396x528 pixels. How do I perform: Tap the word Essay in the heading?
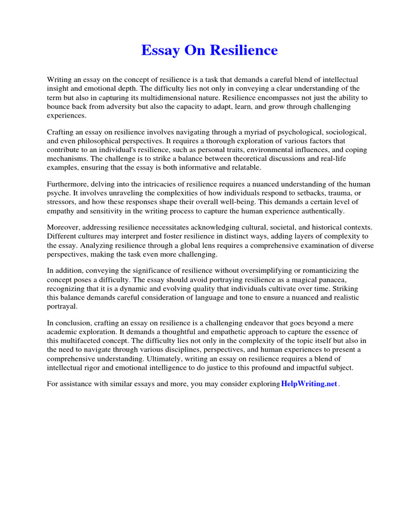coord(159,51)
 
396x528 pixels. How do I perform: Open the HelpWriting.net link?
coord(309,385)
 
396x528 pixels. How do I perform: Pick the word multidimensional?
coord(201,97)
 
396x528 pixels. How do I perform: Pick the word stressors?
coord(61,202)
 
